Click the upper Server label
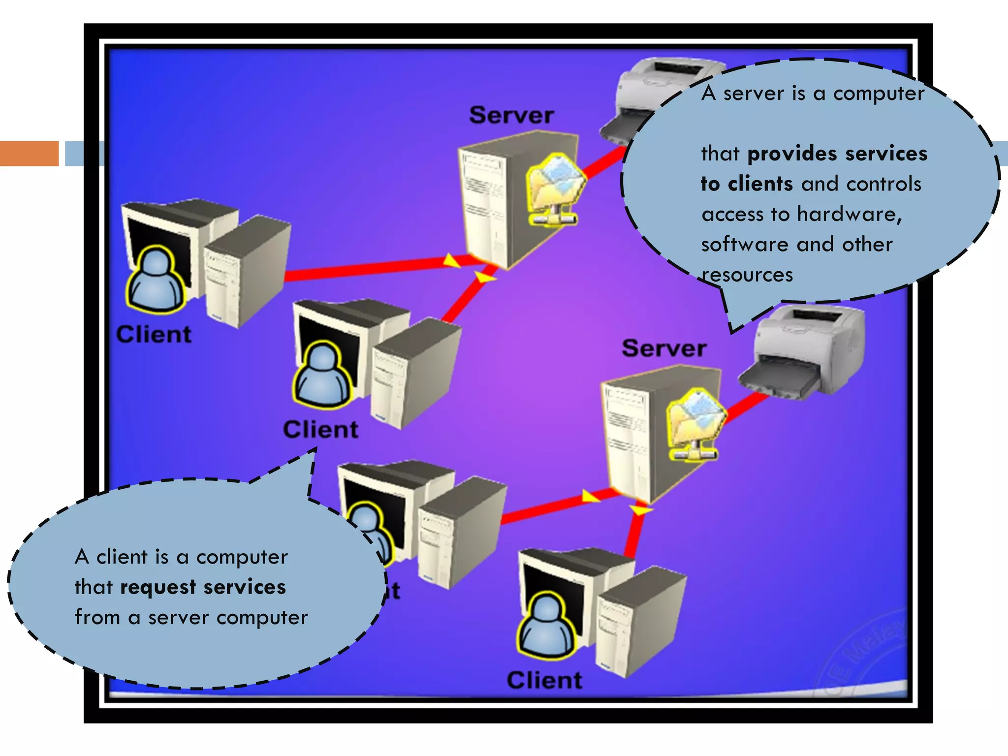[x=511, y=115]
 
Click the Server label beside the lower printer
[x=664, y=348]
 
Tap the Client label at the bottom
[x=544, y=680]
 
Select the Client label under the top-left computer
[x=154, y=334]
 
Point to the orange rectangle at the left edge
[x=29, y=153]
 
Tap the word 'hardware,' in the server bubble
[x=850, y=215]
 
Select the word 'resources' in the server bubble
[x=747, y=275]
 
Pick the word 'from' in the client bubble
[x=97, y=617]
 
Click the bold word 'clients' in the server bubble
[x=760, y=184]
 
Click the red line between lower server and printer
[x=746, y=408]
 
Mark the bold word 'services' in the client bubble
[x=244, y=587]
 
